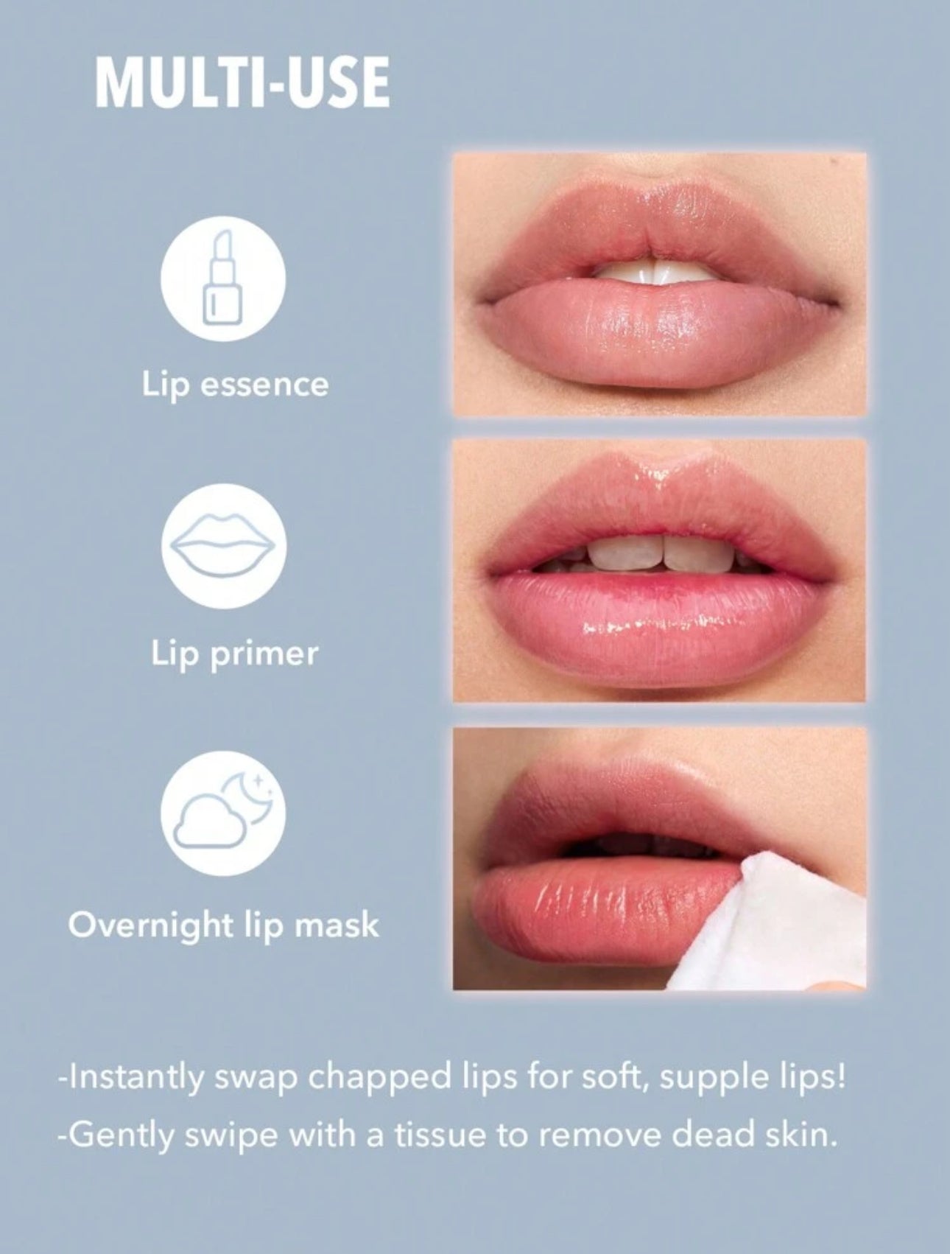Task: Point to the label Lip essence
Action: pyautogui.click(x=236, y=385)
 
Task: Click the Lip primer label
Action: pyautogui.click(x=235, y=653)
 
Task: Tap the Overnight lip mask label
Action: pyautogui.click(x=224, y=923)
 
